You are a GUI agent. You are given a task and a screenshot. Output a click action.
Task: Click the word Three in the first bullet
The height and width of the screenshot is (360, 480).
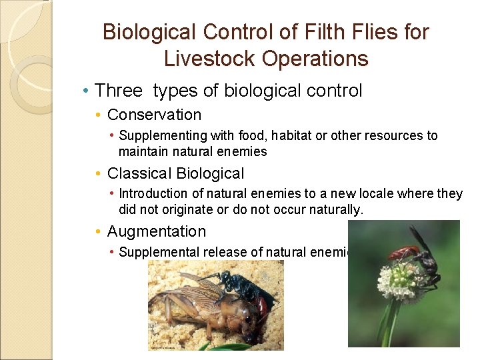[119, 91]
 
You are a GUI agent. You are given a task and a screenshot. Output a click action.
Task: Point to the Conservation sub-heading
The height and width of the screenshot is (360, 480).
[154, 115]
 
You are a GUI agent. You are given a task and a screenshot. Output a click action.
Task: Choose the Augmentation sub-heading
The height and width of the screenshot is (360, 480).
[157, 232]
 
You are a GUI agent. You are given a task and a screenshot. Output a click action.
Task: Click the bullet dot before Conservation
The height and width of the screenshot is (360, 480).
[99, 116]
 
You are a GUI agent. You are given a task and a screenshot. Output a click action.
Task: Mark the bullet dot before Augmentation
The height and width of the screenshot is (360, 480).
[99, 233]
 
